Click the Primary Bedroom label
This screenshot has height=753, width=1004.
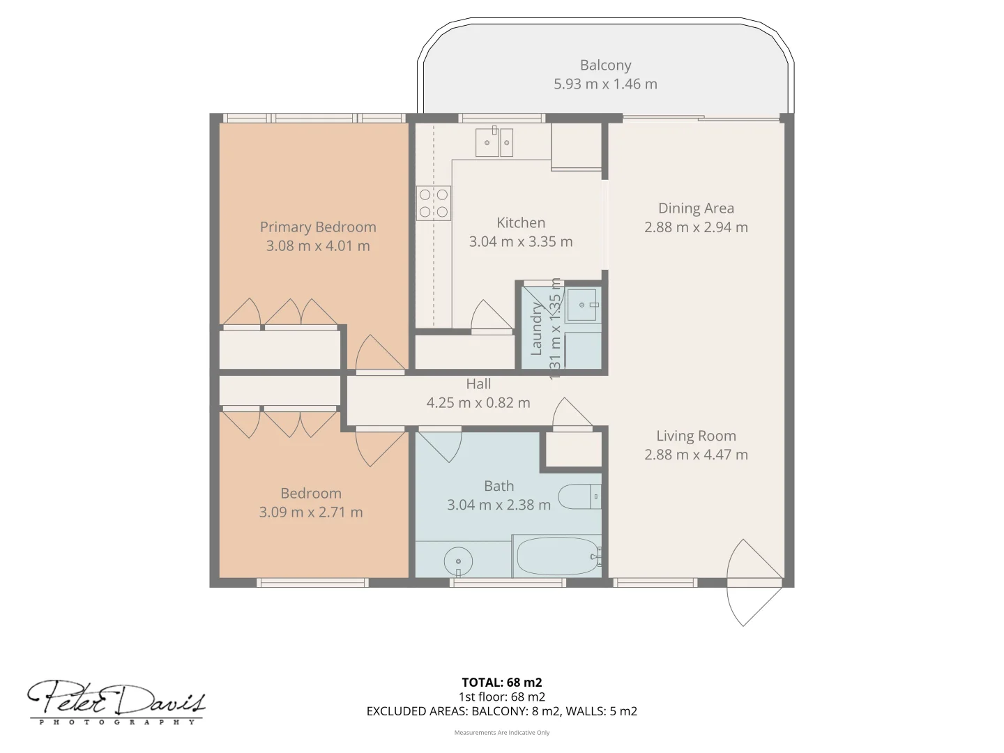click(318, 227)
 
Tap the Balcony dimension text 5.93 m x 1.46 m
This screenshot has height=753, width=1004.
click(605, 84)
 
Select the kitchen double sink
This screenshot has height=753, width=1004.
click(494, 143)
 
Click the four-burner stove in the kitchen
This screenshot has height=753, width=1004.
click(434, 203)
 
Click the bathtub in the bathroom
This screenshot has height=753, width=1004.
click(557, 556)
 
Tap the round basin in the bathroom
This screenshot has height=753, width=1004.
click(458, 561)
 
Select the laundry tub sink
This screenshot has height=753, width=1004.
click(582, 305)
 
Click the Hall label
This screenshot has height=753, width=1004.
click(478, 384)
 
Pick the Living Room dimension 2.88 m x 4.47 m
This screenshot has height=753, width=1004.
click(696, 455)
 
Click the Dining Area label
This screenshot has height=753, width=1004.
click(696, 208)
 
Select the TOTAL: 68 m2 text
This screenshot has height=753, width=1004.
click(501, 683)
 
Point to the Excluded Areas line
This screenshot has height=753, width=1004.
click(501, 711)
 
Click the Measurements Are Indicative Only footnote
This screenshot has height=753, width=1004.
click(501, 733)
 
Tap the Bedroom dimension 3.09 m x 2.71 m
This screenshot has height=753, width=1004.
click(311, 512)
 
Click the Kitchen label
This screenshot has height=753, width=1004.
click(521, 223)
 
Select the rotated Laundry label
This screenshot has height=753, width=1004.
click(536, 329)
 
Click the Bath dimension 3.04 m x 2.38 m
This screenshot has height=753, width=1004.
click(499, 505)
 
